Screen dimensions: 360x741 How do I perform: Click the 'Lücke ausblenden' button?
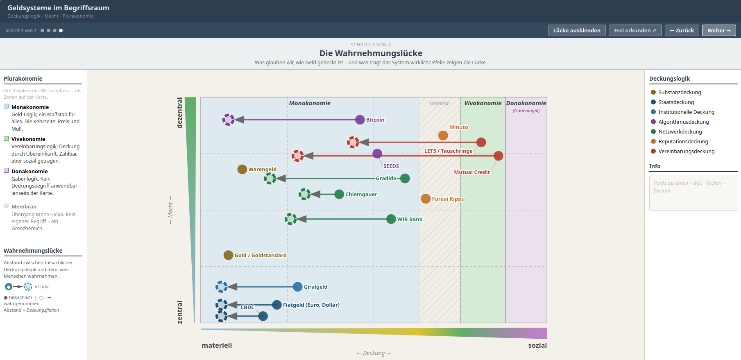[x=576, y=30]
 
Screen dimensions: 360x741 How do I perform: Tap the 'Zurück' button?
[x=682, y=30]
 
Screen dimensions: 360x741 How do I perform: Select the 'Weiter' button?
[x=718, y=30]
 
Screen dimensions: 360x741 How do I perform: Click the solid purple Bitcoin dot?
[x=360, y=120]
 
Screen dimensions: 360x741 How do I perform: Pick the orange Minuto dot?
[x=443, y=136]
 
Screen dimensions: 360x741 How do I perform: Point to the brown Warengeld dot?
[x=242, y=169]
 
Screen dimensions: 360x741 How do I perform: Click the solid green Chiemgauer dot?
[x=339, y=194]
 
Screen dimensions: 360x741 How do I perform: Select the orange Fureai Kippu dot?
[x=426, y=199]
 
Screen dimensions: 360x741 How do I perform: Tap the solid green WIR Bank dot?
[x=391, y=219]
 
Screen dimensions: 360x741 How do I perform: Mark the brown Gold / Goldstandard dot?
[x=228, y=255]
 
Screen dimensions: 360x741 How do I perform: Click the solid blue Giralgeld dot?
[x=298, y=287]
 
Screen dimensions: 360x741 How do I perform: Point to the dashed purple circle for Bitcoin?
[x=228, y=120]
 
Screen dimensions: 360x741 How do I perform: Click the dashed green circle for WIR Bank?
[x=291, y=219]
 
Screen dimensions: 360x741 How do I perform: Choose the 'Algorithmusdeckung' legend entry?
[x=683, y=122]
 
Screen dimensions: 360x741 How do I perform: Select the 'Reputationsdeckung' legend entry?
[x=683, y=141]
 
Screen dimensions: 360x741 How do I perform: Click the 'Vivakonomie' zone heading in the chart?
[x=483, y=103]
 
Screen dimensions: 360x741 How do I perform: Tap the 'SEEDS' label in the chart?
[x=391, y=166]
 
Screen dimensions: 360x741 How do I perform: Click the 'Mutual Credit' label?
[x=471, y=172]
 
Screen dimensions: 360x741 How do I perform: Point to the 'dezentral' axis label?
[x=179, y=113]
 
